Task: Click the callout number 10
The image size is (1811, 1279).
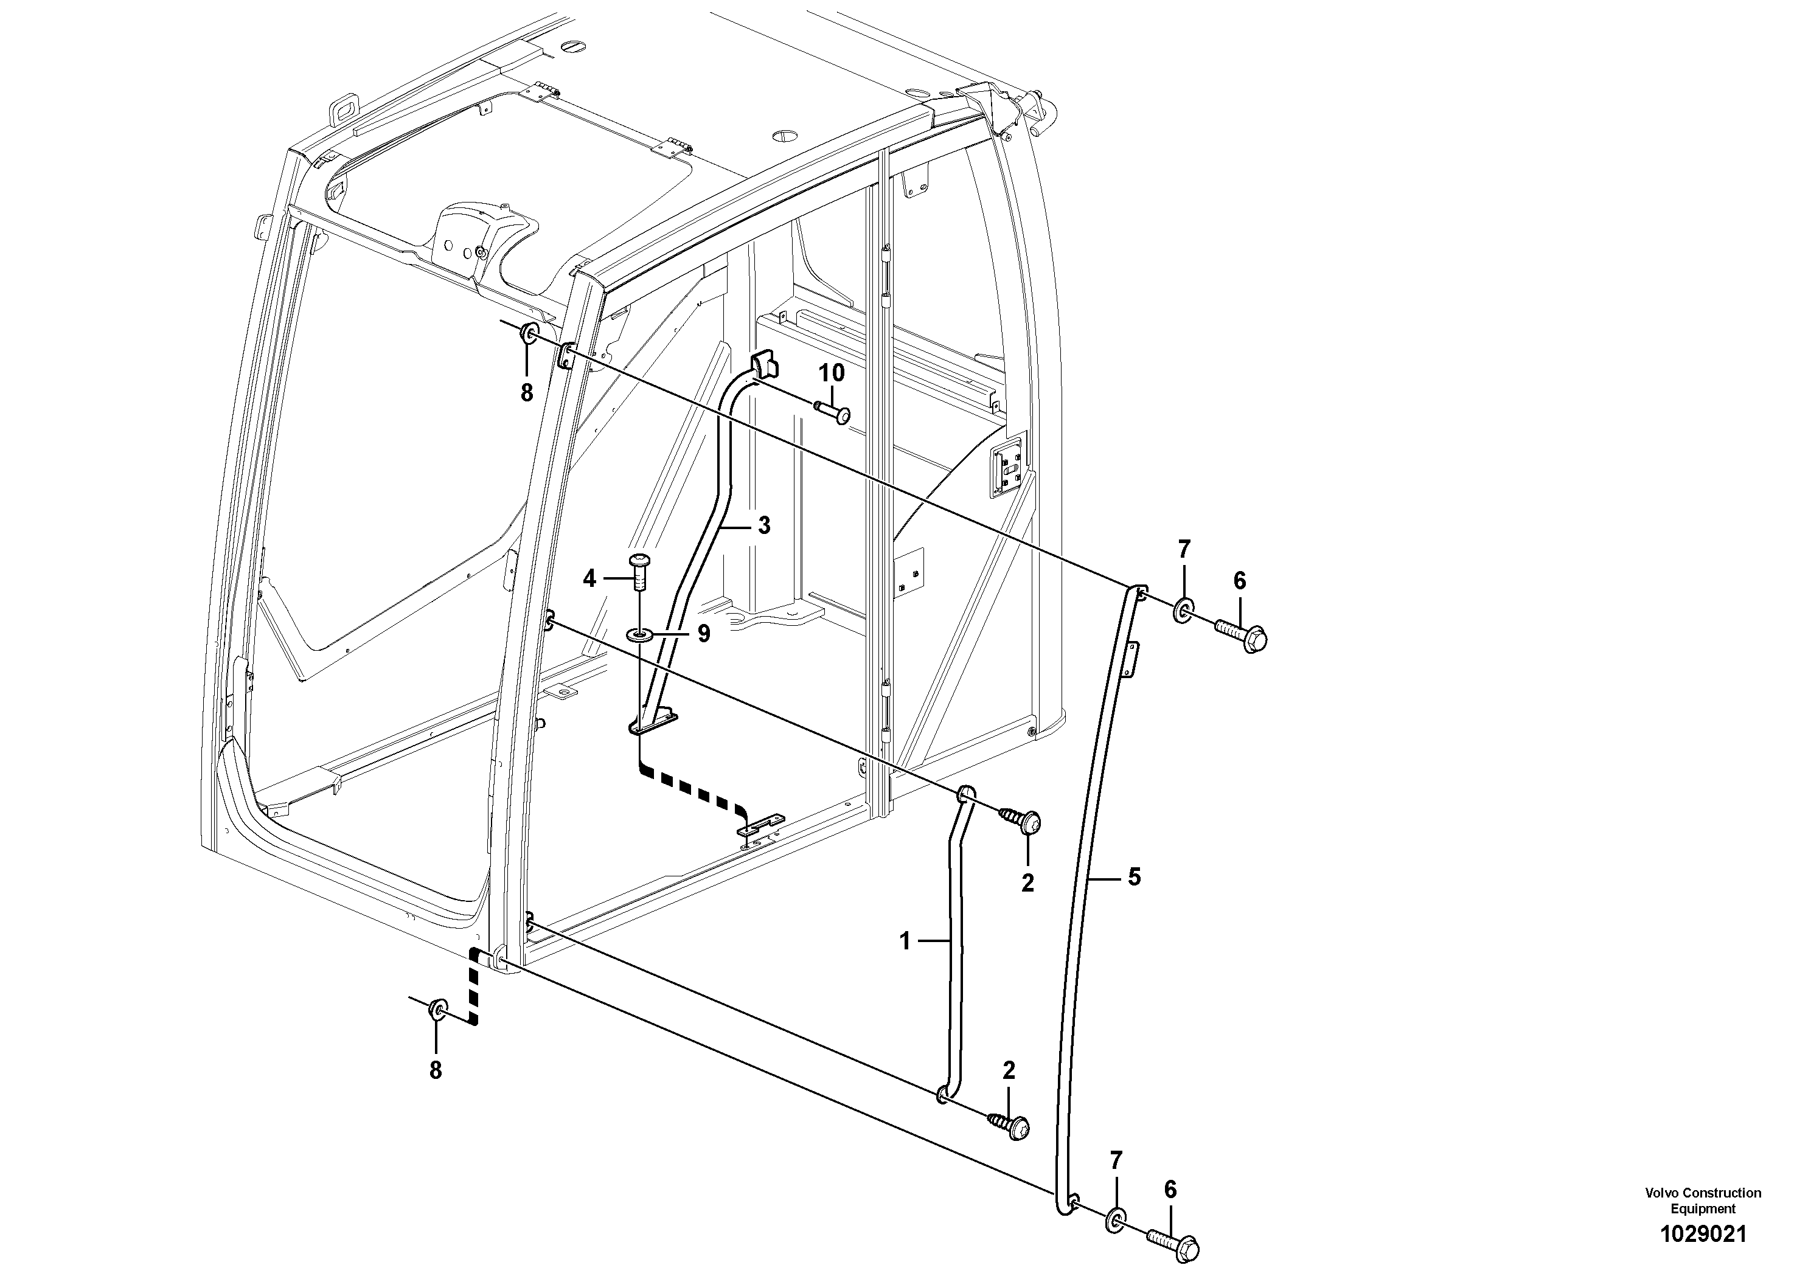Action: pyautogui.click(x=832, y=373)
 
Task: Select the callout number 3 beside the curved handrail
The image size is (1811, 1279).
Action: pyautogui.click(x=763, y=525)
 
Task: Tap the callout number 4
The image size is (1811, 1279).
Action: pyautogui.click(x=590, y=580)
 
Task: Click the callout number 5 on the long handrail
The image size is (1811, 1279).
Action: pyautogui.click(x=1135, y=877)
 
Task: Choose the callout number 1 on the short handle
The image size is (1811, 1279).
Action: pyautogui.click(x=905, y=941)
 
